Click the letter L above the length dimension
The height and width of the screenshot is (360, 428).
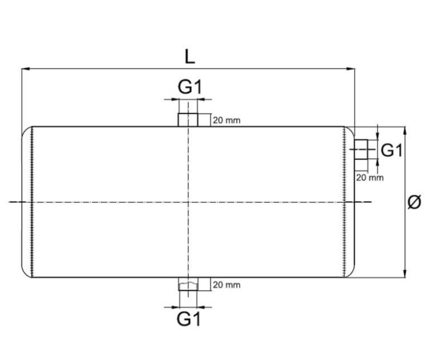[189, 56]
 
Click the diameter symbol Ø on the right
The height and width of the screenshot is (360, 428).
[415, 203]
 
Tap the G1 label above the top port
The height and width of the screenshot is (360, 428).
[189, 87]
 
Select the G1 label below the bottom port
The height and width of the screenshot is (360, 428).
[189, 319]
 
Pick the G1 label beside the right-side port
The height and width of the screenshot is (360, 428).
[392, 151]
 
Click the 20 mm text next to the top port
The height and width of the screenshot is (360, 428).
[227, 120]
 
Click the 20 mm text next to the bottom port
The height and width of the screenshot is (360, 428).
[227, 285]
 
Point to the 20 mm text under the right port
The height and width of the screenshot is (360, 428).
[370, 177]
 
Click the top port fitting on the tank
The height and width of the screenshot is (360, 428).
[187, 120]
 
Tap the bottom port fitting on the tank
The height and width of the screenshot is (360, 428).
[187, 284]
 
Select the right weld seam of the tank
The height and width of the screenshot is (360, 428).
[344, 202]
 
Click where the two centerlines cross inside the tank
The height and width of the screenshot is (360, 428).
[187, 202]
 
